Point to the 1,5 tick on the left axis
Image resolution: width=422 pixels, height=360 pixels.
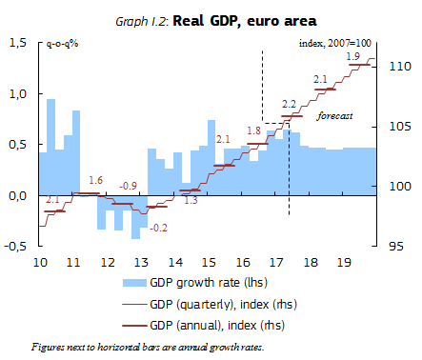pos(16,43)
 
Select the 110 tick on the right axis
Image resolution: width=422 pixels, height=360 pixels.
pos(399,67)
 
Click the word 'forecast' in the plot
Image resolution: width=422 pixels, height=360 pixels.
pos(334,115)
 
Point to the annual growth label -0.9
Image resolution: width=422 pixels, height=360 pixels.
pos(128,186)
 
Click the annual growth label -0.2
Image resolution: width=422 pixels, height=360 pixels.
pos(159,227)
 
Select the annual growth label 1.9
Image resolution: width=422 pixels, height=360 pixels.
pos(352,57)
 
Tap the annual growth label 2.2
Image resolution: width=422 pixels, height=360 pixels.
pos(290,103)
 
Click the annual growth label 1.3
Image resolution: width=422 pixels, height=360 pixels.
pos(191,201)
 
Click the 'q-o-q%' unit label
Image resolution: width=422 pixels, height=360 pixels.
pos(64,44)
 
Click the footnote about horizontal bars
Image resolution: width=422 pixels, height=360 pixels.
pos(147,347)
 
